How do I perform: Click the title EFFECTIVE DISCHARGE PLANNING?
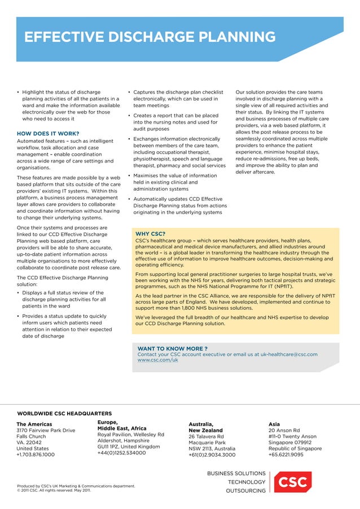[x=149, y=38]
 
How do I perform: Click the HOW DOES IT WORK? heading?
[x=48, y=133]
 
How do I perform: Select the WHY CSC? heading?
[x=150, y=234]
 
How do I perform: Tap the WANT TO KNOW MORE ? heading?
[x=173, y=348]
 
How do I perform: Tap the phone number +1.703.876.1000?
[x=36, y=454]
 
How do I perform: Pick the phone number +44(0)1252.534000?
[x=122, y=453]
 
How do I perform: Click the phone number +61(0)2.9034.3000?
[x=212, y=455]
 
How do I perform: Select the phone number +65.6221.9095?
[x=286, y=455]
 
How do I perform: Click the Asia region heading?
[x=274, y=424]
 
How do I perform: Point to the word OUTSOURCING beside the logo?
[x=245, y=491]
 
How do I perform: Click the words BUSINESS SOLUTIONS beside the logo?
[x=236, y=473]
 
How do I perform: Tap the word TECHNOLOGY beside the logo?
[x=246, y=482]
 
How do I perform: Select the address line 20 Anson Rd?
[x=284, y=431]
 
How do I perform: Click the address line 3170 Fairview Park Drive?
[x=46, y=431]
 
